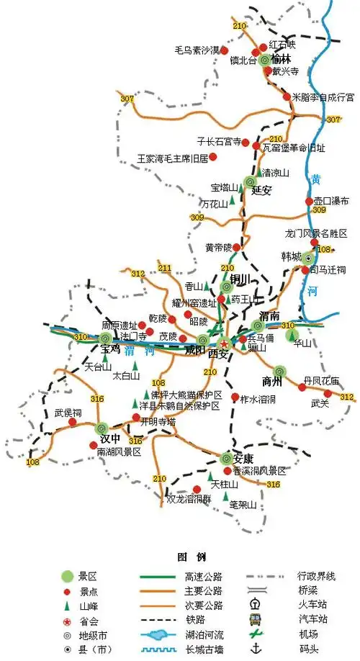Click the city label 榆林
click(282, 60)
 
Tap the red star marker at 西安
click(224, 343)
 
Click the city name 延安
click(261, 191)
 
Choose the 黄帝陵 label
click(220, 248)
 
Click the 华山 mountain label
click(303, 343)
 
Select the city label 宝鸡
click(111, 349)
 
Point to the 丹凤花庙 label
click(321, 381)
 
